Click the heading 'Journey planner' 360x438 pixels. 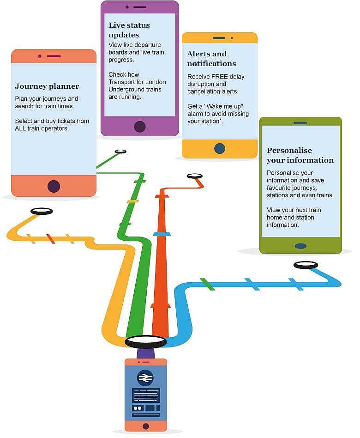47,86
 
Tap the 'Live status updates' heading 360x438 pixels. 129,30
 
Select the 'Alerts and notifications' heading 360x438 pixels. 211,59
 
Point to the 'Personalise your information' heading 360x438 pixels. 300,155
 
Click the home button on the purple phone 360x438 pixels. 139,127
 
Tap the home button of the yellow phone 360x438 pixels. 220,148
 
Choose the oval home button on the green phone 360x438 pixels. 300,246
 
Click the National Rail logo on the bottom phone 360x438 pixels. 145,378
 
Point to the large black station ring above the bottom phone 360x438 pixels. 146,342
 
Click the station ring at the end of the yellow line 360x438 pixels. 42,211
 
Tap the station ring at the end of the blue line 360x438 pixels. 306,265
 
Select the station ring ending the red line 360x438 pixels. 195,176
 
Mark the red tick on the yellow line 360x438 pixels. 50,239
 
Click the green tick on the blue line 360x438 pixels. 207,284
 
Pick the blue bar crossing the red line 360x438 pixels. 162,234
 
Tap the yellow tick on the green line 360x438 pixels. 132,201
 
